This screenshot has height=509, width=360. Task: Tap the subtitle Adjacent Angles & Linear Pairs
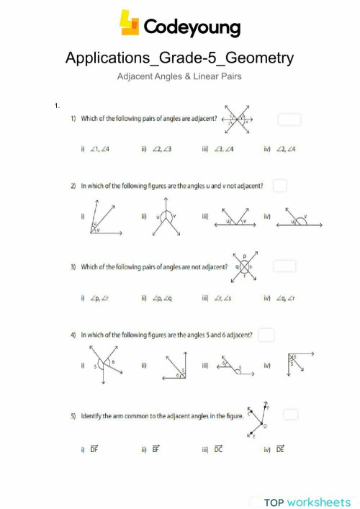[179, 75]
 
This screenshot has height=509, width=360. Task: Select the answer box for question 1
[289, 120]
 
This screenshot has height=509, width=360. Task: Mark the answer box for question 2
[279, 186]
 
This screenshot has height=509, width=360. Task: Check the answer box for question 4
[266, 335]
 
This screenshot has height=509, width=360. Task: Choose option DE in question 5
[280, 450]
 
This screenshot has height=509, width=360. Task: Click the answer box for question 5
[290, 415]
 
